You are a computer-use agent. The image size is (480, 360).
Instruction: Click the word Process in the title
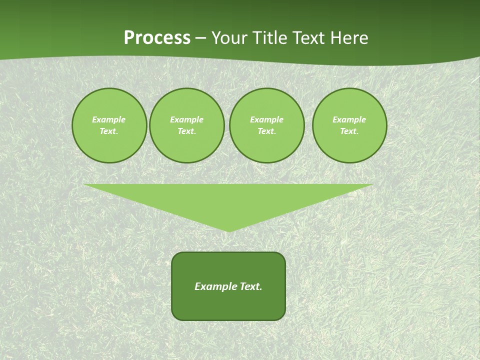[157, 38]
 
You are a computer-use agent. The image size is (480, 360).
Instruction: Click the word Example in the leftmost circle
[109, 119]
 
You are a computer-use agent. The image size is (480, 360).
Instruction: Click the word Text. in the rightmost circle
[349, 131]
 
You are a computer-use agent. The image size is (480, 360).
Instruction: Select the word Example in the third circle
[267, 119]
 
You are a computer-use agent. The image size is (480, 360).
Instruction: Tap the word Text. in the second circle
[187, 131]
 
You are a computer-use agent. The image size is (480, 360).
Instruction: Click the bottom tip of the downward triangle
[228, 230]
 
